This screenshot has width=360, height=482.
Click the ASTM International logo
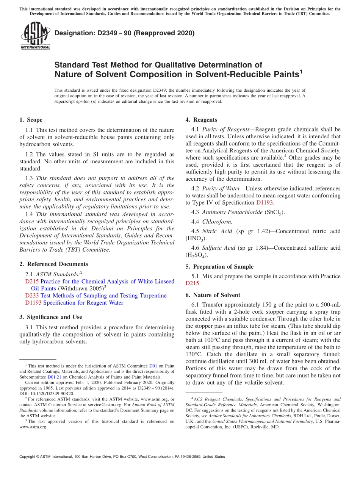coord(35,35)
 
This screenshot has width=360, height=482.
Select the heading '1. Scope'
coord(31,120)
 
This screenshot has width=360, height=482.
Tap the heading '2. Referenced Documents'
coord(53,264)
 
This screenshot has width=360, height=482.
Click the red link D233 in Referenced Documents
coord(32,296)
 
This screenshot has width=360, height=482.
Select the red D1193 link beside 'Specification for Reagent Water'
coord(33,303)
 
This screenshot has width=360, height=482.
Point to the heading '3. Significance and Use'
coord(50,317)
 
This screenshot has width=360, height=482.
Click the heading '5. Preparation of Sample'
coord(219,267)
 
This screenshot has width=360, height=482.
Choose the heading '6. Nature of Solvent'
coord(213,295)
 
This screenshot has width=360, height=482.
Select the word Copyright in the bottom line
coord(29,457)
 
